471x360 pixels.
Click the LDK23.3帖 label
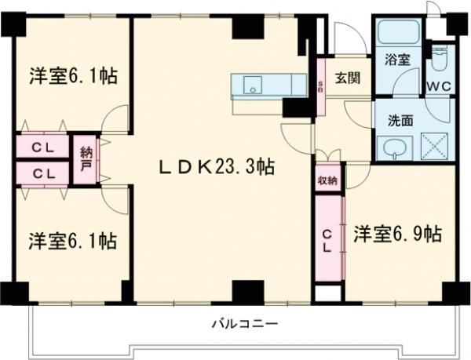217,166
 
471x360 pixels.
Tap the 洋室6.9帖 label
396,233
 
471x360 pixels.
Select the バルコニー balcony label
244,322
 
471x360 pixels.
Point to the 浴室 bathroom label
396,59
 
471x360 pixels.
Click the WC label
437,86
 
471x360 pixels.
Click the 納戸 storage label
86,162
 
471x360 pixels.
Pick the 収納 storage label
328,180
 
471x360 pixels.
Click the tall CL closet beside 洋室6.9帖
328,239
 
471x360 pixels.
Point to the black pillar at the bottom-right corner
451,290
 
